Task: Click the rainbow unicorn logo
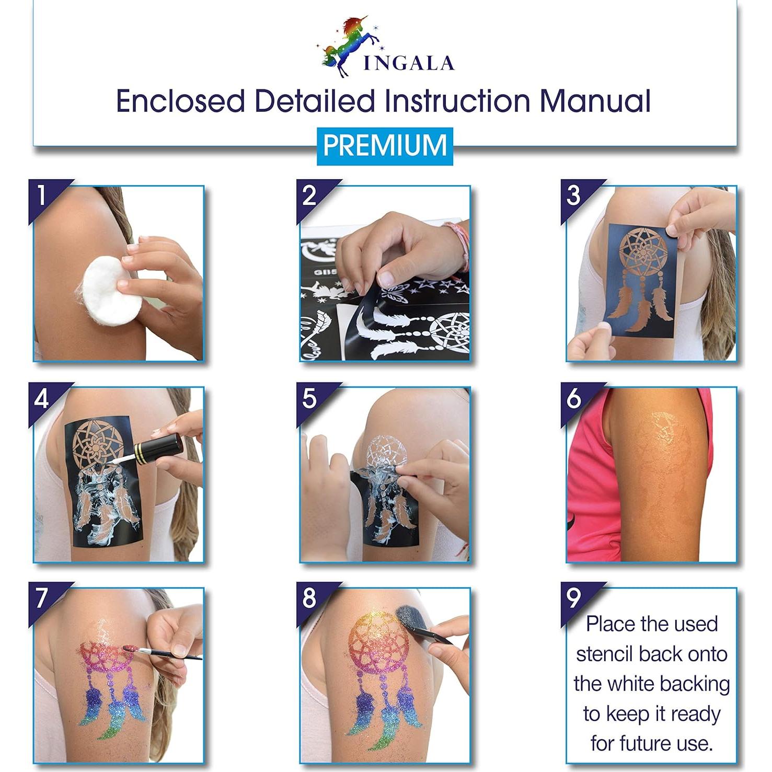click(342, 46)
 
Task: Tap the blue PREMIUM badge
click(385, 146)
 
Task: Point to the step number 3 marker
click(573, 195)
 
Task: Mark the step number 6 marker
click(573, 399)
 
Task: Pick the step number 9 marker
click(573, 598)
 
